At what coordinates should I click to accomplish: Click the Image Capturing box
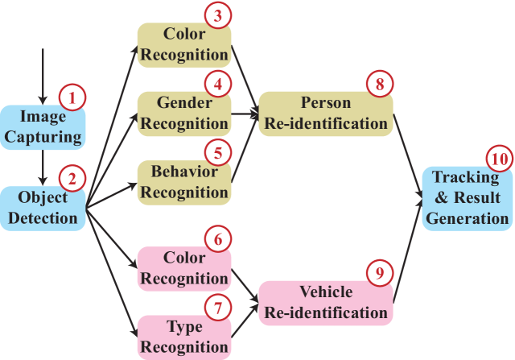click(42, 127)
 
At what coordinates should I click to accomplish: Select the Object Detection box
click(42, 208)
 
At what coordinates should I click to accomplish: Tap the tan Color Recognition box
click(183, 45)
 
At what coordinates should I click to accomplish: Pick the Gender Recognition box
click(183, 114)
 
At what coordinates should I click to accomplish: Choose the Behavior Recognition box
click(183, 183)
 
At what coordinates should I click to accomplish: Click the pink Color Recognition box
click(183, 269)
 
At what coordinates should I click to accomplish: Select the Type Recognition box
click(183, 337)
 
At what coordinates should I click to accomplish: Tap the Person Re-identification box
click(325, 114)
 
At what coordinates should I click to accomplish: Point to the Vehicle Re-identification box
click(325, 303)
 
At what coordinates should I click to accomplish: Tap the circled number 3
click(217, 15)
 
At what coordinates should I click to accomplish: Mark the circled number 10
click(500, 159)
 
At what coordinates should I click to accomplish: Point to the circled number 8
click(379, 84)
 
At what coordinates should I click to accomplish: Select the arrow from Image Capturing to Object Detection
click(43, 168)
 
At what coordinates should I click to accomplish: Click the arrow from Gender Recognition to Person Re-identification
click(244, 114)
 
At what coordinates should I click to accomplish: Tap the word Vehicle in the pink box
click(326, 292)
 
